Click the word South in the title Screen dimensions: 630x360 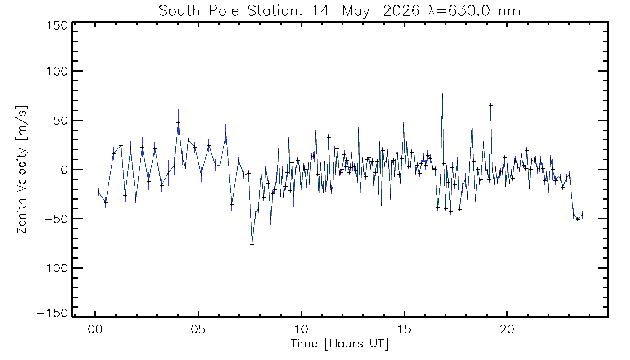[179, 11]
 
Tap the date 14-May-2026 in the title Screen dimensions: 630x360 [365, 11]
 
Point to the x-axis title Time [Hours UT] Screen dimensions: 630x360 [340, 344]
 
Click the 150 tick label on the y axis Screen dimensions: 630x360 [58, 26]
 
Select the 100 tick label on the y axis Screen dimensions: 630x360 [58, 71]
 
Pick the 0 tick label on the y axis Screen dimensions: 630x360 [65, 170]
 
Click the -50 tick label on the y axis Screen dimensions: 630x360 [56, 219]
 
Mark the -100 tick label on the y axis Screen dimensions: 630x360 [53, 268]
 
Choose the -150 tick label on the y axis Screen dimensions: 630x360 [53, 313]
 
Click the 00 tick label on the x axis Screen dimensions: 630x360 [95, 329]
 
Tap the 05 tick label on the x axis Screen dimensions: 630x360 [198, 329]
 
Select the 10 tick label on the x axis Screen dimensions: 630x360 [301, 329]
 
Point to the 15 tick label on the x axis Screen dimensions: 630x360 [404, 329]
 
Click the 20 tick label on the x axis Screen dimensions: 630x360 [507, 329]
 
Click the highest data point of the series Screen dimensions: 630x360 [442, 96]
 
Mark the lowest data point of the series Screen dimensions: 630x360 [252, 244]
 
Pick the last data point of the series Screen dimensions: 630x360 [582, 215]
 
